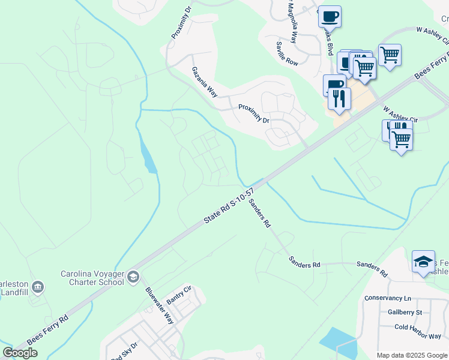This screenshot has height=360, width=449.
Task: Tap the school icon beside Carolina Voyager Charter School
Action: pos(133,276)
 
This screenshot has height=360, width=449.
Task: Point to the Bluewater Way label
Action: pos(159,305)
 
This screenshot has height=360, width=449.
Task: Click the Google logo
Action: pos(20,353)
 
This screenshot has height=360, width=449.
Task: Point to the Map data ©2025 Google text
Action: pos(412,355)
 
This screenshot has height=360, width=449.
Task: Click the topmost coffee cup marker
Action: pos(329,16)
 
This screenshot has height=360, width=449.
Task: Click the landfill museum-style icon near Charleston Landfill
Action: pos(38,287)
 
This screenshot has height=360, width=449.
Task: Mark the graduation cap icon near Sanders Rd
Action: pos(423,260)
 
